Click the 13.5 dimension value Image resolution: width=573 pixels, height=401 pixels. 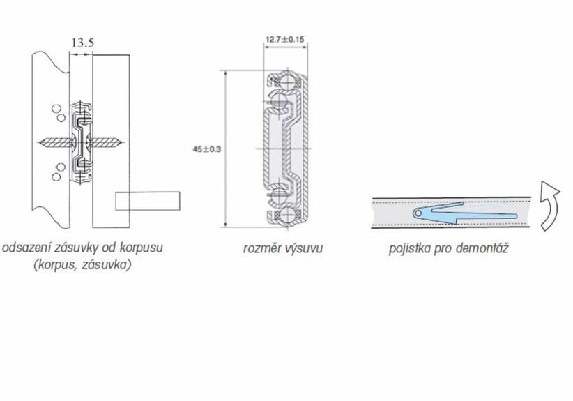[x=82, y=43]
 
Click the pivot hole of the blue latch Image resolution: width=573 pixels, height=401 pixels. [x=417, y=213]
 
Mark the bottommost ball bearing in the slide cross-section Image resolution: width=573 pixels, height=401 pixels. [x=282, y=213]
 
